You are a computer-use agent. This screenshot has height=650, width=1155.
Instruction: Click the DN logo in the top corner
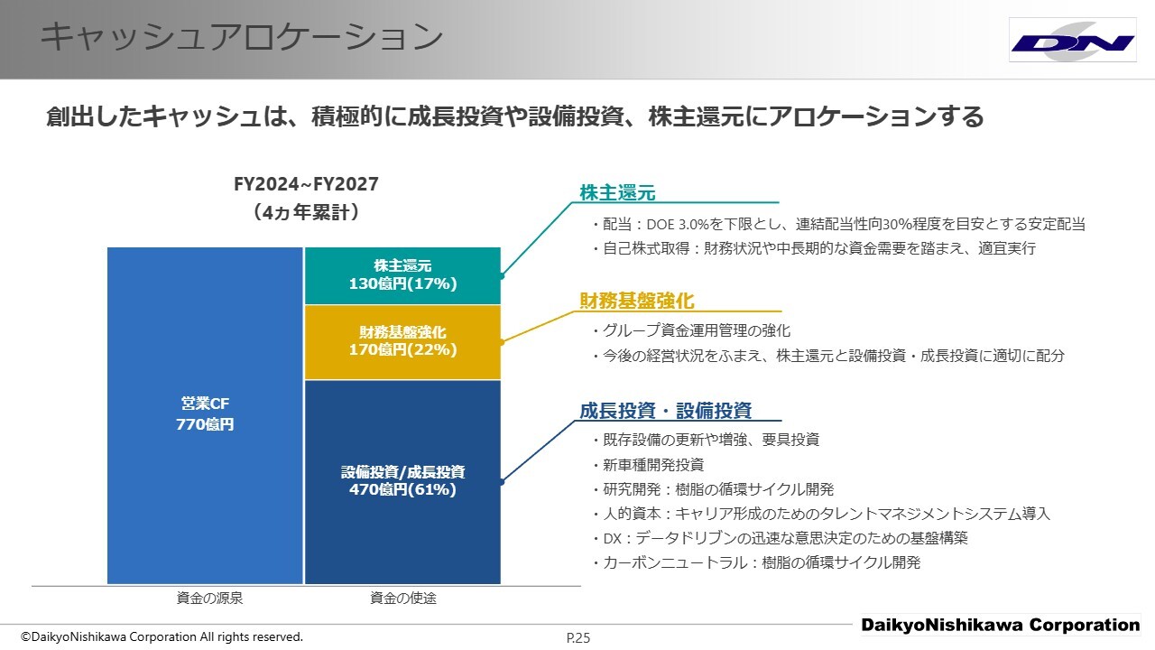tap(1073, 41)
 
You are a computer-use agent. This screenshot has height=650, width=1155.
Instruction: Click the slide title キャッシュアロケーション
tap(242, 36)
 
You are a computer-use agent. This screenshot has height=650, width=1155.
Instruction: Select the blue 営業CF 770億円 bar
tap(205, 415)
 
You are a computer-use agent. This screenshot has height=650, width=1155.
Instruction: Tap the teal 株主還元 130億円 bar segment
tap(402, 275)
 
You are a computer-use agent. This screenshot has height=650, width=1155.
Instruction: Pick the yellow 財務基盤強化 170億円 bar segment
tap(402, 342)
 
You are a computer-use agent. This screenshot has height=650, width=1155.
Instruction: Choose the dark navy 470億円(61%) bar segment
tap(402, 482)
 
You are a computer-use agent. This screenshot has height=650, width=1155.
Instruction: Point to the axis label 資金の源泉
tap(209, 598)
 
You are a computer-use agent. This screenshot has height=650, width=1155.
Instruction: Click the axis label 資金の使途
tap(403, 598)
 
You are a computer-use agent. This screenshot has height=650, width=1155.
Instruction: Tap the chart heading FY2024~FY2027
tap(306, 184)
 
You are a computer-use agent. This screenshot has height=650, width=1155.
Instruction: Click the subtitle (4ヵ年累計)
tap(306, 212)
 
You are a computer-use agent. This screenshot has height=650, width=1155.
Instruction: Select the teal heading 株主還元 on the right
tap(617, 192)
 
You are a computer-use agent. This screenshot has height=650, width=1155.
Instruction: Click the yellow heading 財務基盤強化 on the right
tap(637, 301)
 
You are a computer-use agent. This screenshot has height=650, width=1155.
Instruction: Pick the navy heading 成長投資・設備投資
tap(665, 411)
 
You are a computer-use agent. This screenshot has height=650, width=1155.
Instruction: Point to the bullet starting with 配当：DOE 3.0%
tap(838, 224)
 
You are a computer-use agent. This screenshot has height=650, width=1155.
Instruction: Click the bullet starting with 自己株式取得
tap(814, 248)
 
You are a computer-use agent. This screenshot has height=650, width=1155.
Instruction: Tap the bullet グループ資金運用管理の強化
tap(691, 330)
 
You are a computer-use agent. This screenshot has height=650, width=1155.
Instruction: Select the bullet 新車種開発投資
tap(648, 465)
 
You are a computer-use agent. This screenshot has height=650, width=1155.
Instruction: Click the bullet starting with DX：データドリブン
tap(780, 538)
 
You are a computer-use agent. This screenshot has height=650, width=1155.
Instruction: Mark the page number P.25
tap(578, 638)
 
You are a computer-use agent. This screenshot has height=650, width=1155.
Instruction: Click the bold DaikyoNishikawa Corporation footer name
tap(1001, 625)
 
